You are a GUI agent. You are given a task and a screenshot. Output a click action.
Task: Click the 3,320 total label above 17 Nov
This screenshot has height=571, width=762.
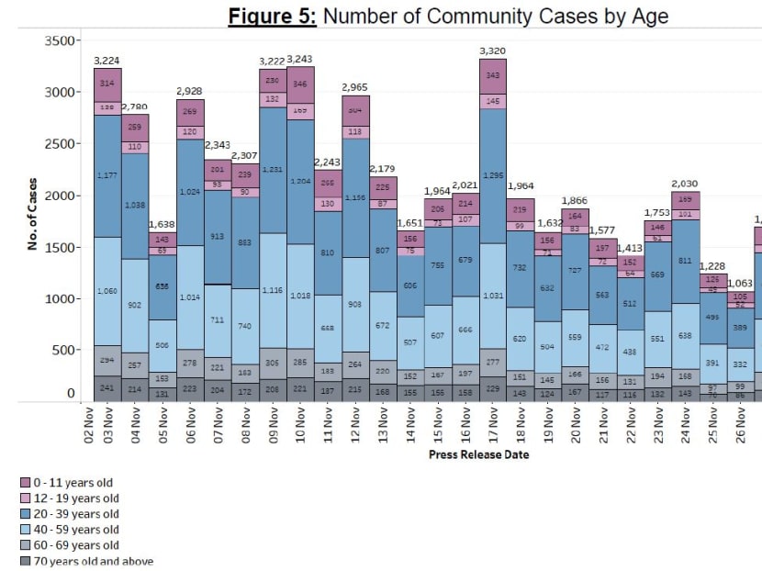tap(492, 50)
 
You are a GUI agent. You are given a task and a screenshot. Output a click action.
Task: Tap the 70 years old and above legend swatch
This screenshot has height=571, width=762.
tap(26, 561)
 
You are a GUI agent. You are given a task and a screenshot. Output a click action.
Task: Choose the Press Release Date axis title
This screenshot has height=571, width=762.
tap(479, 453)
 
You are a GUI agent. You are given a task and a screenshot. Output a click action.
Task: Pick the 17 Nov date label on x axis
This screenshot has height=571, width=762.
tap(493, 424)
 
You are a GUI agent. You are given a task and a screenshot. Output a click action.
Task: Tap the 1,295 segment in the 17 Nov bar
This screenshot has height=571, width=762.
tap(493, 174)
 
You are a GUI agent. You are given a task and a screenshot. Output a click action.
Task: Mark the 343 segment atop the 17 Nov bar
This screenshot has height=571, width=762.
tap(493, 75)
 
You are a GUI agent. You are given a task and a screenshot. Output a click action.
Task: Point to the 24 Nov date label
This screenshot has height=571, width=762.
tap(686, 424)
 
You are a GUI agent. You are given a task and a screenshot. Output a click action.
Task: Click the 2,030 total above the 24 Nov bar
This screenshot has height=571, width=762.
tap(685, 184)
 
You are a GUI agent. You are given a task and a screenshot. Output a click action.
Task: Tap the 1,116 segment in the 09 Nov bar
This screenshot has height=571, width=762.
tap(273, 290)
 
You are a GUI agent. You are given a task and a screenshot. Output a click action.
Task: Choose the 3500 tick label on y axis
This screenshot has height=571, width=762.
tap(58, 41)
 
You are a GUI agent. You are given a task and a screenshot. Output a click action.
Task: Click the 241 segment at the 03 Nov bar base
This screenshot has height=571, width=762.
tap(107, 387)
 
